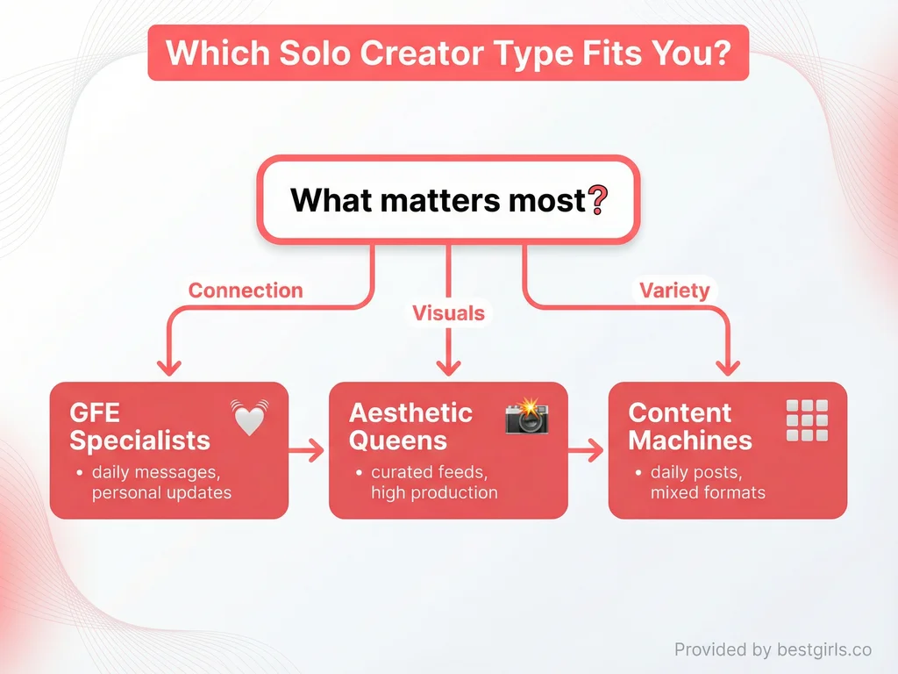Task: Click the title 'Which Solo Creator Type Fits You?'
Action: pyautogui.click(x=448, y=53)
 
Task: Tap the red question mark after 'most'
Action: pyautogui.click(x=597, y=201)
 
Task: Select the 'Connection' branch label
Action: pyautogui.click(x=246, y=290)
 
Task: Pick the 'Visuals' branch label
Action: pyautogui.click(x=448, y=313)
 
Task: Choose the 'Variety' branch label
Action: pyautogui.click(x=673, y=290)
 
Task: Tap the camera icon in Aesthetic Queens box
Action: pyautogui.click(x=526, y=416)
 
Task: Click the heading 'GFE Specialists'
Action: pyautogui.click(x=139, y=426)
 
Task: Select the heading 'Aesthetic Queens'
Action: pyautogui.click(x=410, y=426)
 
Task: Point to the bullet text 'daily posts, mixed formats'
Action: pyautogui.click(x=708, y=483)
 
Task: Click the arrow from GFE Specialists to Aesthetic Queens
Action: pyautogui.click(x=308, y=451)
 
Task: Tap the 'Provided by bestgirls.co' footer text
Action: pyautogui.click(x=773, y=649)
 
